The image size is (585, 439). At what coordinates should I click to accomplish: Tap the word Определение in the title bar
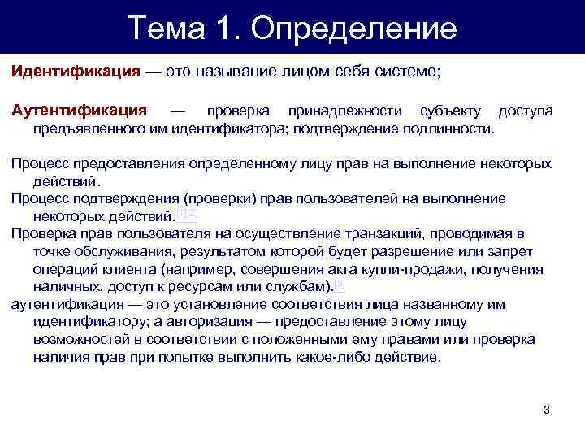click(x=354, y=29)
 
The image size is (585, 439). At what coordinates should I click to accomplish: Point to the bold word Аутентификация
click(x=79, y=110)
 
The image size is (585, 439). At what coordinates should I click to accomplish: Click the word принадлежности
click(x=352, y=110)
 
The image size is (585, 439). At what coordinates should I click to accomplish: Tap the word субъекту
click(x=450, y=110)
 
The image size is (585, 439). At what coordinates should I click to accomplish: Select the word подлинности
click(x=451, y=128)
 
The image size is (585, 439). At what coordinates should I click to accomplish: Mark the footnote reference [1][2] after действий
click(x=188, y=215)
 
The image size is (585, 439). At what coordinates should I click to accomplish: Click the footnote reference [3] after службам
click(x=340, y=285)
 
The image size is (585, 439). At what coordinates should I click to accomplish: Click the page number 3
click(x=546, y=409)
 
